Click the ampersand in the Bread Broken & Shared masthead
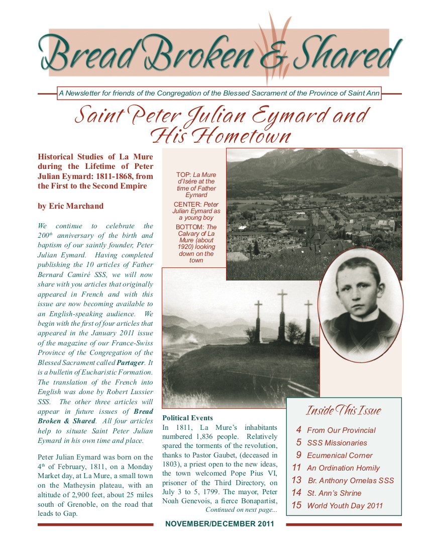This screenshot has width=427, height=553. [x=271, y=56]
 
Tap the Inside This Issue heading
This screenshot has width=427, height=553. [x=344, y=411]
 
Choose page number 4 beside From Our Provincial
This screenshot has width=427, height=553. [x=298, y=430]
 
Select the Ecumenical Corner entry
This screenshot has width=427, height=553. [x=340, y=455]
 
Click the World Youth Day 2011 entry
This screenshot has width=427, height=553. [x=345, y=506]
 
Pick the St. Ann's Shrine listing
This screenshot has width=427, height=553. [x=334, y=493]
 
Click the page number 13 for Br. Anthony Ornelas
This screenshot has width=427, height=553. [x=296, y=480]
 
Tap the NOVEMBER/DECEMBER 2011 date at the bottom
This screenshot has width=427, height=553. [x=220, y=524]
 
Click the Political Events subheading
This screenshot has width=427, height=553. [x=187, y=418]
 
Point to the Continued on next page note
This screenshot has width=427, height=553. [x=241, y=510]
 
